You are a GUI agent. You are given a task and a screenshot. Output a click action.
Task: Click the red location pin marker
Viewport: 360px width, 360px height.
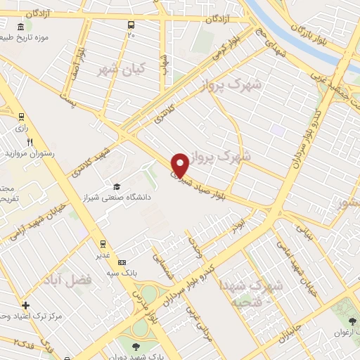181,165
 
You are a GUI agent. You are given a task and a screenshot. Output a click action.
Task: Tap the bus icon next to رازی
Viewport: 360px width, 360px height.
22,117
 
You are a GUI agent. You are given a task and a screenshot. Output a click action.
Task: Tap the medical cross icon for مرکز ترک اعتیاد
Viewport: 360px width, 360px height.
26,305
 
